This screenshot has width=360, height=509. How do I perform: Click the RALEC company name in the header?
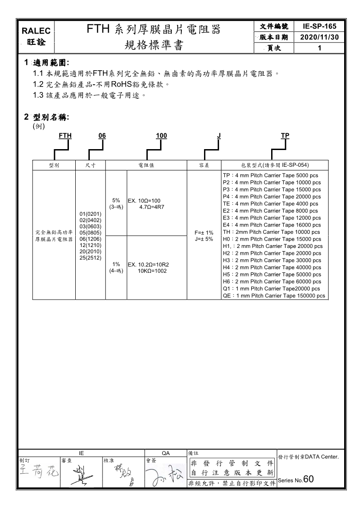pos(38,30)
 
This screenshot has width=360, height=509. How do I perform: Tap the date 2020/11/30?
pos(320,37)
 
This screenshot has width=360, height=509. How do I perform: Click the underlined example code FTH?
pos(65,136)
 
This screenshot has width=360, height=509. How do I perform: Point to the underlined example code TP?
pos(285,136)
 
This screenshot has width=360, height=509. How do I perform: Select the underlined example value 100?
pos(161,136)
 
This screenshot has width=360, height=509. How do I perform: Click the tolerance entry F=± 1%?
pos(204,233)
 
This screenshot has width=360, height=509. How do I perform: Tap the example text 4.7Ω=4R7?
pos(151,207)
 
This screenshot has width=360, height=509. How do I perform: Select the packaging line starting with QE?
pos(274,296)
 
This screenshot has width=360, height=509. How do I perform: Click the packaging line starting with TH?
pos(272,232)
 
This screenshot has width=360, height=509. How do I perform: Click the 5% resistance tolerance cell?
pos(116,204)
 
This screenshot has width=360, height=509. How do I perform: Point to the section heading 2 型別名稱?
pos(47,117)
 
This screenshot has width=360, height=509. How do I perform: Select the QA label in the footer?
pos(165,453)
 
